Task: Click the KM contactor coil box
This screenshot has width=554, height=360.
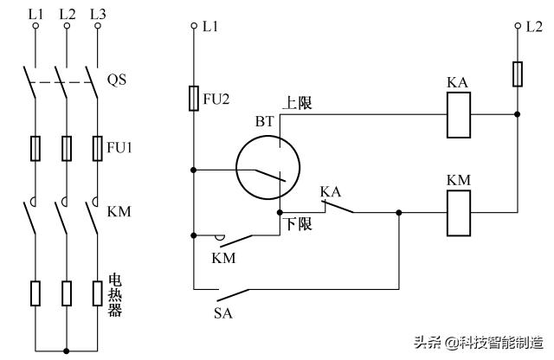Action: click(458, 212)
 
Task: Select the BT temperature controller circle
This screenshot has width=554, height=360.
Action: click(267, 168)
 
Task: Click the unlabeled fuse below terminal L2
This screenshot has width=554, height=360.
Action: click(517, 74)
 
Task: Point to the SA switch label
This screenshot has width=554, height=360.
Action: click(222, 312)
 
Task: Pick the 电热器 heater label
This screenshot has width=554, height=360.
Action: click(114, 294)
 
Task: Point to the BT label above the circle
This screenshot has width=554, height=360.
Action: click(264, 122)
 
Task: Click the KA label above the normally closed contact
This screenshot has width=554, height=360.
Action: click(330, 190)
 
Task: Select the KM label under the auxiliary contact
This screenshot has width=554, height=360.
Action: click(222, 257)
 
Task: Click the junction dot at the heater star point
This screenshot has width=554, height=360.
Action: click(66, 350)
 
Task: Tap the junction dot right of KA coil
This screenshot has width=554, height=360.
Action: click(517, 114)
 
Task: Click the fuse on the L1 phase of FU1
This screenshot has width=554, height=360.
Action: click(35, 148)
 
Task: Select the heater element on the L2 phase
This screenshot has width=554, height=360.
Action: click(66, 293)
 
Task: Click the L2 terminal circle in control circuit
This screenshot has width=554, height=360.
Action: click(517, 26)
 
